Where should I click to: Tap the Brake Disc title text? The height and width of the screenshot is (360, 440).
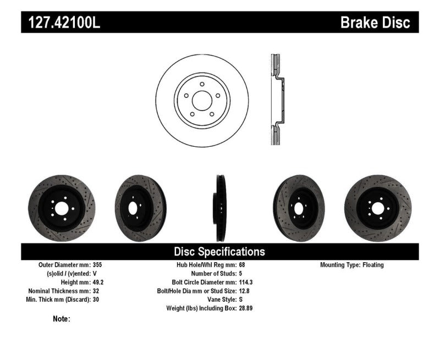point(375,23)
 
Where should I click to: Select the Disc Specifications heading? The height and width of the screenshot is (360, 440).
point(219,252)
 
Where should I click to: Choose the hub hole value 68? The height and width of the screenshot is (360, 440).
point(243,265)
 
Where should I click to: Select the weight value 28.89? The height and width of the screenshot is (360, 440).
point(246,308)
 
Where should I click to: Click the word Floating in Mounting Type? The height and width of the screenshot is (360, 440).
point(373,265)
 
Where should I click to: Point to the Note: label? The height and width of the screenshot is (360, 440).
point(61,319)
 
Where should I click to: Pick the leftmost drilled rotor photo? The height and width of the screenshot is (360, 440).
point(61,208)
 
